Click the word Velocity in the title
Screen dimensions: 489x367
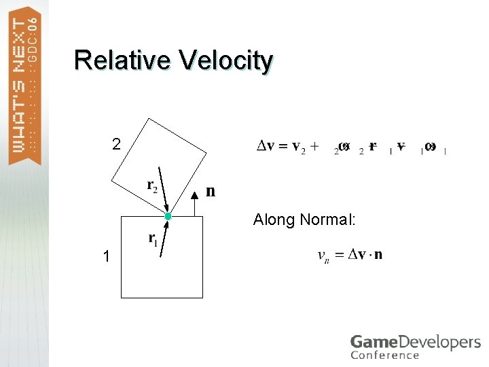pos(226,60)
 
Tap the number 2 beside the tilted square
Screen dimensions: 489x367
pos(117,144)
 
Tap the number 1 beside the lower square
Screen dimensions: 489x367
pos(106,256)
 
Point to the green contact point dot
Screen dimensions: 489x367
pos(168,216)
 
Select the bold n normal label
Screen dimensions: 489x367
pos(211,192)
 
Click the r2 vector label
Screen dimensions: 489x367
pos(152,185)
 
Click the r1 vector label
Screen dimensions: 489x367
pos(153,239)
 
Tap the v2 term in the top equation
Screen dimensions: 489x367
pos(299,147)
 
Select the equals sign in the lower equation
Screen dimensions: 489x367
pos(338,255)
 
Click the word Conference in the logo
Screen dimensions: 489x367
pos(384,355)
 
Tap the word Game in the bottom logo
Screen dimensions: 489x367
pos(371,342)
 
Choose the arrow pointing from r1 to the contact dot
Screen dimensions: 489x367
pos(164,238)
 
